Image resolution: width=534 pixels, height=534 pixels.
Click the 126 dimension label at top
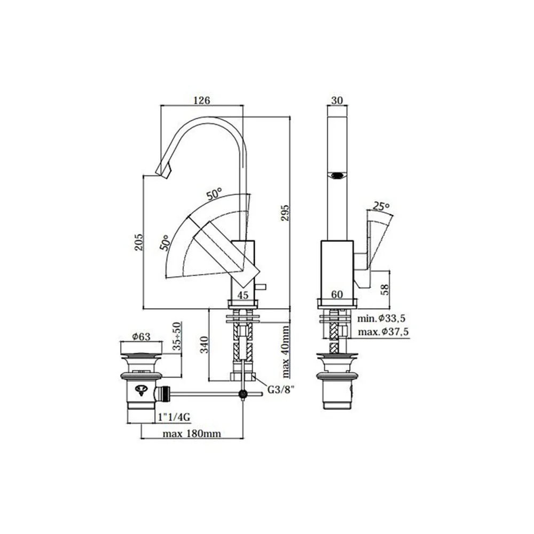202,100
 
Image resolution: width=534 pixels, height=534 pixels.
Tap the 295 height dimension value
285,213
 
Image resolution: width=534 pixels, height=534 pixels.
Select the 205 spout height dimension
138,242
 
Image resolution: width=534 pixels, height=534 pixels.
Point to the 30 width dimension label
337,100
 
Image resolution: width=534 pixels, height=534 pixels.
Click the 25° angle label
381,206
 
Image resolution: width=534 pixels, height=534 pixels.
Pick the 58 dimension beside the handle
385,290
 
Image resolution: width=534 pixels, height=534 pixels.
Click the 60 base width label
337,295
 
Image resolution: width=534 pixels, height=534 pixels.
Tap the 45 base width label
243,295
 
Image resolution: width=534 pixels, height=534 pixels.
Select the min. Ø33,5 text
381,319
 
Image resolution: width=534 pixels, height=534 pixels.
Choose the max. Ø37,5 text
383,332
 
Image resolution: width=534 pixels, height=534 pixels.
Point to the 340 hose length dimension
204,344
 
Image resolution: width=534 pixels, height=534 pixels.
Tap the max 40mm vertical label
285,352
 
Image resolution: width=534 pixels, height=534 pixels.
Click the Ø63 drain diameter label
142,337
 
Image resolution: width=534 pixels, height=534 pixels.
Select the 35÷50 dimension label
176,336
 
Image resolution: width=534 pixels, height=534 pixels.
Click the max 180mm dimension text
192,434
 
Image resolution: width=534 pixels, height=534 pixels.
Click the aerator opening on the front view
337,176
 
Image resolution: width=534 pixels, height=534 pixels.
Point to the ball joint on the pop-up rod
243,394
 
